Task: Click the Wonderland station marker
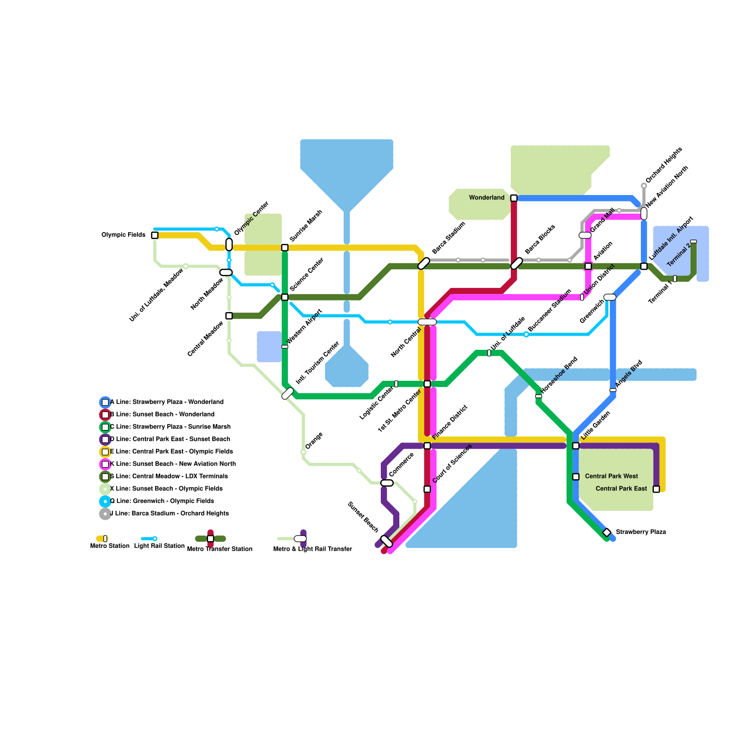pos(514,198)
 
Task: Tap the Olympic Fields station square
pos(155,235)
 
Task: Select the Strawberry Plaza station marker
pos(606,532)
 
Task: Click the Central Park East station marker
pos(656,489)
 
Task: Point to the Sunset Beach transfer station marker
pos(386,541)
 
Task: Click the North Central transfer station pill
pos(427,322)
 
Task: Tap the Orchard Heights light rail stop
pos(644,186)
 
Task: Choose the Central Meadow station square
pos(229,316)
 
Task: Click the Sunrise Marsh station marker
pos(285,248)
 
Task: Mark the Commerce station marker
pos(387,483)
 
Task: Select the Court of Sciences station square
pos(427,489)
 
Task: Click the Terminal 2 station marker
pos(693,241)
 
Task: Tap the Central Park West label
pos(611,476)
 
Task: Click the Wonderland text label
pos(486,198)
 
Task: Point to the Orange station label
pos(314,441)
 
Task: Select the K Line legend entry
pos(173,464)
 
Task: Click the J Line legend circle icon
pos(105,514)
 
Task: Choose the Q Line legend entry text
pos(162,501)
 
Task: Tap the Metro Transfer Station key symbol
pos(210,539)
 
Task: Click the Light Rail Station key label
pos(159,546)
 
